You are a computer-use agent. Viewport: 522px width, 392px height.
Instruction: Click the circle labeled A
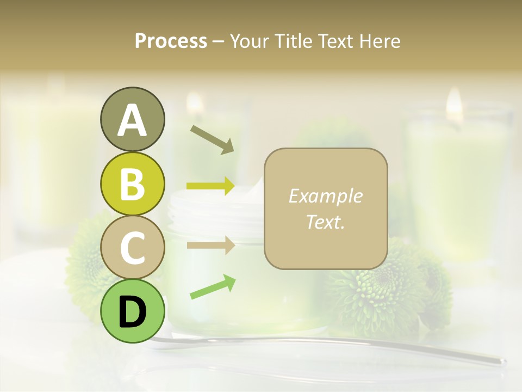point(132,119)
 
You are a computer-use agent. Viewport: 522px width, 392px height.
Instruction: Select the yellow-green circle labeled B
point(132,183)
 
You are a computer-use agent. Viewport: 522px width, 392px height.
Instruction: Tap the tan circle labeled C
point(132,247)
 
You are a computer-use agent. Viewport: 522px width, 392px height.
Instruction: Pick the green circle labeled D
point(132,311)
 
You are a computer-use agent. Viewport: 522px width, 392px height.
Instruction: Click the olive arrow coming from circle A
point(212,139)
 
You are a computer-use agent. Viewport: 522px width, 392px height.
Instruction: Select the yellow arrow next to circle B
point(210,186)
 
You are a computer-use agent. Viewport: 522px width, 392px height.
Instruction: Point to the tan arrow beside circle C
point(210,245)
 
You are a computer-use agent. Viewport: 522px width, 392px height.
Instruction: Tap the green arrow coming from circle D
point(213,287)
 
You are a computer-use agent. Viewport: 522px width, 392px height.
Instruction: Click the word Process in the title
point(171,41)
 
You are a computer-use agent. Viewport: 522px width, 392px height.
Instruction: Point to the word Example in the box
point(325,196)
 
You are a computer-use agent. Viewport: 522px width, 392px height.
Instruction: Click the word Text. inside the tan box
point(325,222)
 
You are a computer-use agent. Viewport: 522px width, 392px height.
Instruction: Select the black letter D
point(132,311)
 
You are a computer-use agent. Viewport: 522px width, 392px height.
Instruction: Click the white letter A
point(132,120)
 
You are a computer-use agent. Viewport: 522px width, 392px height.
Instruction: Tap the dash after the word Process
point(219,42)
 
